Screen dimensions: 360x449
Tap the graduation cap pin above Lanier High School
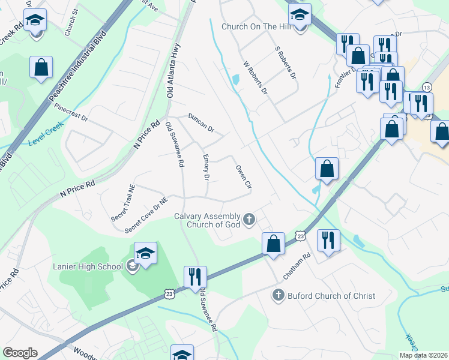click(145, 254)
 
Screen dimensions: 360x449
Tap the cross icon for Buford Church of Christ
click(277, 295)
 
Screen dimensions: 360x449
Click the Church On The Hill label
click(256, 26)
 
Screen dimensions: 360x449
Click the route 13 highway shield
click(426, 87)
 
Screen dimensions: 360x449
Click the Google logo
click(20, 353)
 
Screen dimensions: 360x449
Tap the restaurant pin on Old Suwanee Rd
click(195, 278)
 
